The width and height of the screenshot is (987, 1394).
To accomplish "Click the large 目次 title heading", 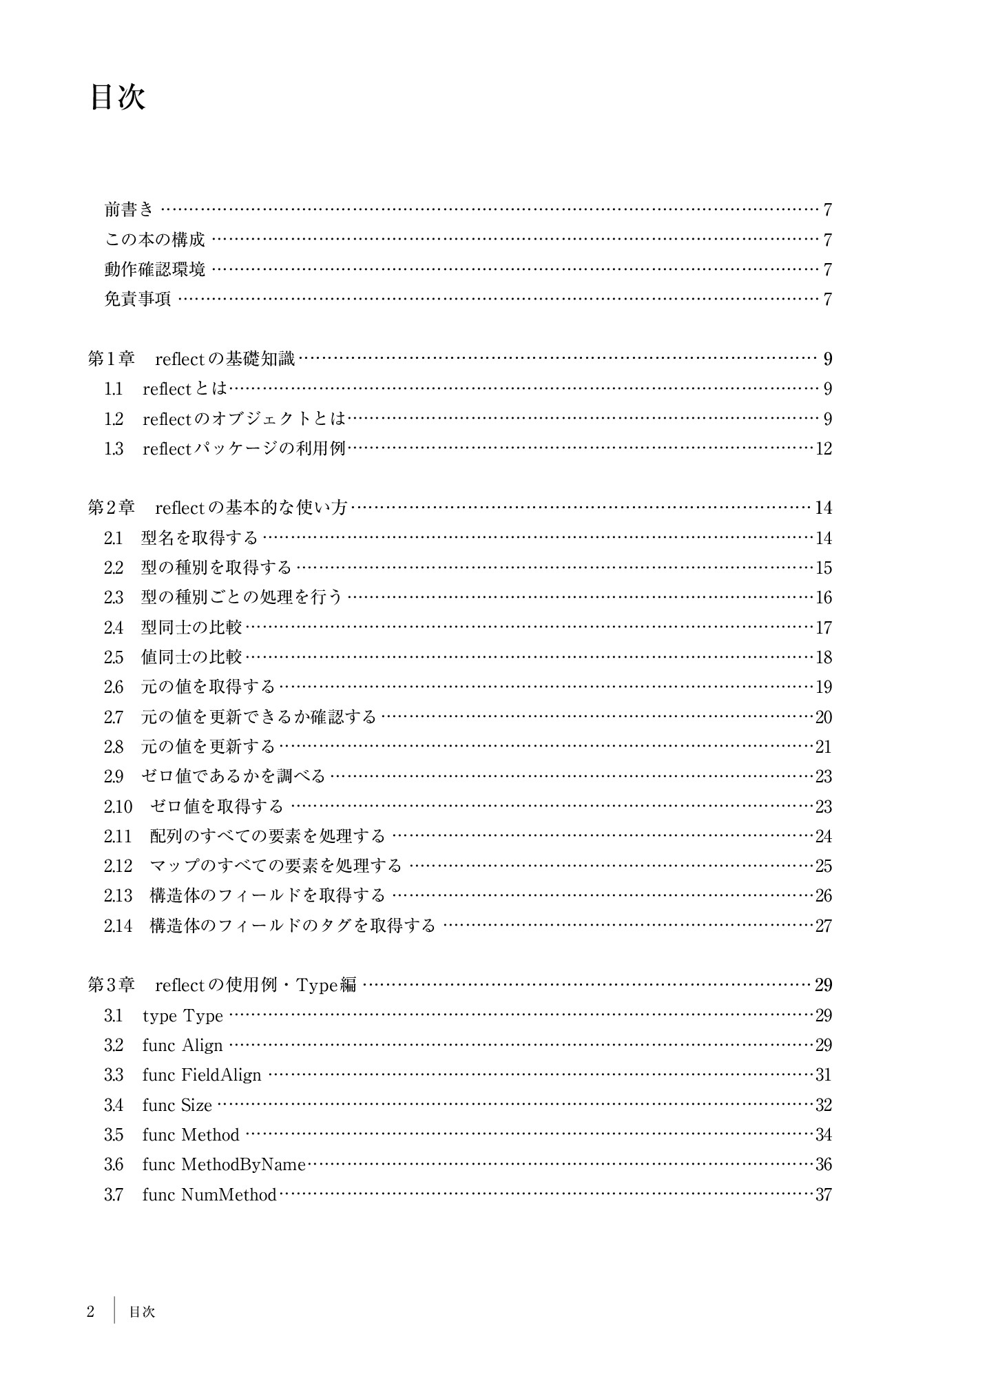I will coord(117,98).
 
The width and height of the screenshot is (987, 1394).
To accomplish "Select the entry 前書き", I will coord(129,209).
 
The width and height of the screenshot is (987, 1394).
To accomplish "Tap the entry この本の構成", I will coord(155,240).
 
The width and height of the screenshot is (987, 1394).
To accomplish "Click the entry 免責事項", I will coord(138,299).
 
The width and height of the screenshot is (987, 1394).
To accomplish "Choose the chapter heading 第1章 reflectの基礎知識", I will coord(191,359).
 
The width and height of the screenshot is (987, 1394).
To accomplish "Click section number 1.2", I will coord(114,419).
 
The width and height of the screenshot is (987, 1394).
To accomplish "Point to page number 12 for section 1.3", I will coord(824,449).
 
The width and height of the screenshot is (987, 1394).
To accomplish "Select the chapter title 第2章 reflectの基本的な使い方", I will coord(218,508).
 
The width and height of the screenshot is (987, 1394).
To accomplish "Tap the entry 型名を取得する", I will coord(199,538).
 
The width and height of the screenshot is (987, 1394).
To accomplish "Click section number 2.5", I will coord(114,658).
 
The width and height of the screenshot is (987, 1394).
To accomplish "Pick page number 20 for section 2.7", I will coord(824,718).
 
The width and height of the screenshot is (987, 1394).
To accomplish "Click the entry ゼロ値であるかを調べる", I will coord(233,777).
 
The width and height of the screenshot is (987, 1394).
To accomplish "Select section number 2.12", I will coord(118,866).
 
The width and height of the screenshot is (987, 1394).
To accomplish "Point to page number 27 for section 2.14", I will coord(824,926).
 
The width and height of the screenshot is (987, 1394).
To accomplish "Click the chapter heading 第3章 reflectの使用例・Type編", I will coord(222,986).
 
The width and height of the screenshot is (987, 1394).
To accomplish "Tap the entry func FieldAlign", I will coord(202,1075).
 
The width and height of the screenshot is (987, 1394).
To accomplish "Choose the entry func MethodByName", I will coord(224,1165).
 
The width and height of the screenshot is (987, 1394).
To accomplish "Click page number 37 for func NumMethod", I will coord(824,1195).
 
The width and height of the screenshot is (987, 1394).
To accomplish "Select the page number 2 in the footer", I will coord(90,1312).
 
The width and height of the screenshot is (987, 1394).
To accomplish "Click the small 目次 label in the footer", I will coord(142,1312).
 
